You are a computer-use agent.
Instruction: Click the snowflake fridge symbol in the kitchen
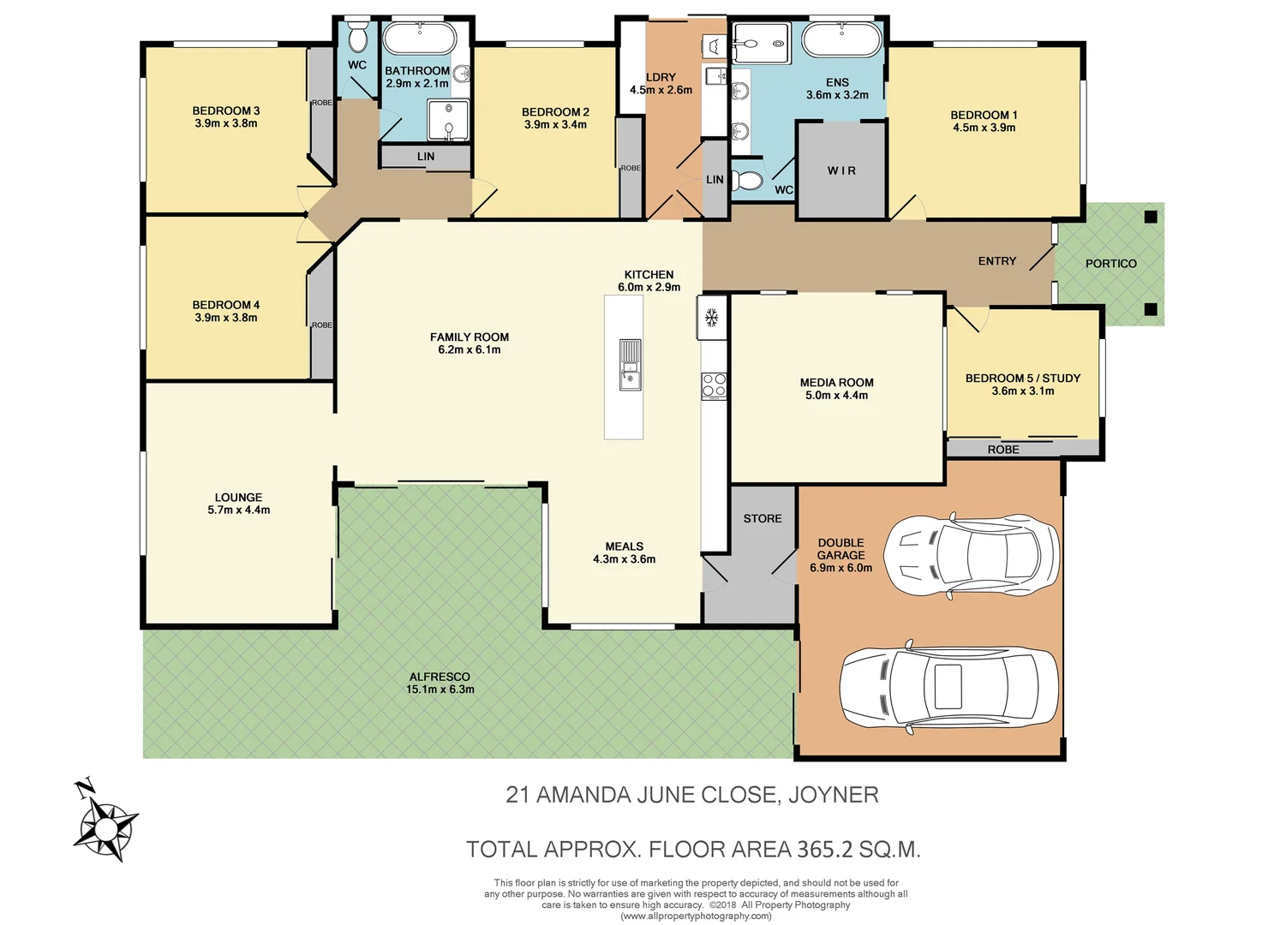coord(710,318)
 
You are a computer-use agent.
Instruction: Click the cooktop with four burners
coord(714,385)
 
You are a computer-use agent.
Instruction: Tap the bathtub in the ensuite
coord(840,39)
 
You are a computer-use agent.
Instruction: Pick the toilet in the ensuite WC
coord(750,181)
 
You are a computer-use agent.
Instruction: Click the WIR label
coord(841,170)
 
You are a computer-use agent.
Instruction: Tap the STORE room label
coord(763,518)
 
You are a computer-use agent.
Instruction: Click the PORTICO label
coord(1110,264)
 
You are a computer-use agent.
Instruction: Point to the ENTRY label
coord(996,261)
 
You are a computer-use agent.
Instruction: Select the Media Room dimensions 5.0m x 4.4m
coord(836,396)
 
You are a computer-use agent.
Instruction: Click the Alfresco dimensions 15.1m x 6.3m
coord(440,689)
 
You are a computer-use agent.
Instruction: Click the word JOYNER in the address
coord(833,795)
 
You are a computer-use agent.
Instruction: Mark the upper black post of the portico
coord(1151,217)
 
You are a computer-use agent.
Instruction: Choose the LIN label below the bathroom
coord(426,157)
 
